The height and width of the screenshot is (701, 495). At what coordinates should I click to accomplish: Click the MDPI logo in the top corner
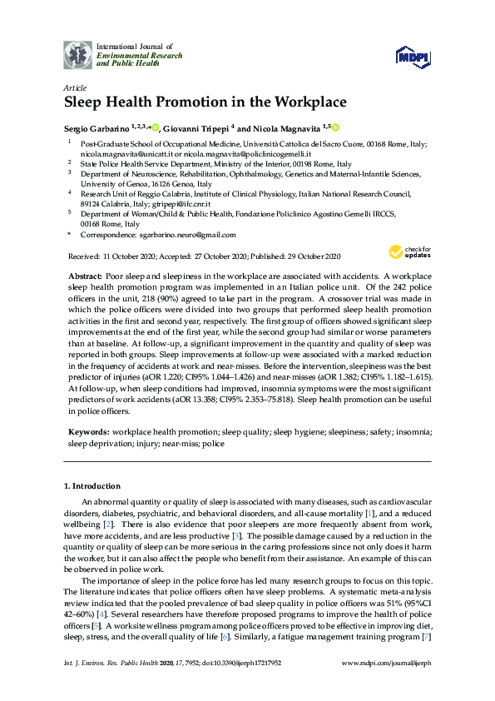(410, 56)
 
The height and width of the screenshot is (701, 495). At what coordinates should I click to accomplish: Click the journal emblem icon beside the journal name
(79, 54)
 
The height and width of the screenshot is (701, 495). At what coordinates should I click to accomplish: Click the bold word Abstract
(82, 274)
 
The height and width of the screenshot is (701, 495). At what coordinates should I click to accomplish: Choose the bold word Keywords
(87, 433)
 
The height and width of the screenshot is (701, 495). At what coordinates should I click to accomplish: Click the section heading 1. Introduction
(92, 485)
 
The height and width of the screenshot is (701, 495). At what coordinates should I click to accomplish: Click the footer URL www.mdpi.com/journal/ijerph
(387, 686)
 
